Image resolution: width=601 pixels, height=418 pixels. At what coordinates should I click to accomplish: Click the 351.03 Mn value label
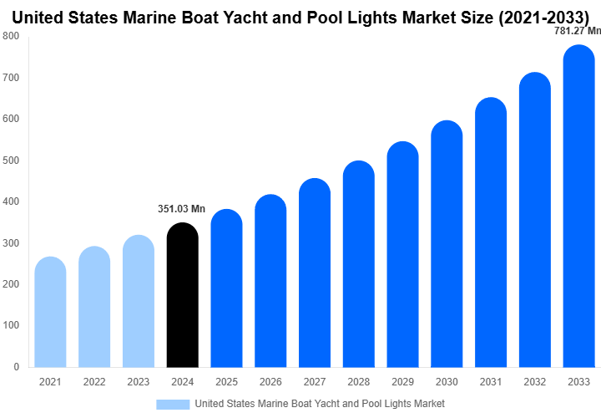tap(181, 209)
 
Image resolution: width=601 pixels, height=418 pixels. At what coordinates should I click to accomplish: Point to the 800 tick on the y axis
tap(11, 36)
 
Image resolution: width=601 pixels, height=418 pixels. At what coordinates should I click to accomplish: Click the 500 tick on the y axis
tap(11, 161)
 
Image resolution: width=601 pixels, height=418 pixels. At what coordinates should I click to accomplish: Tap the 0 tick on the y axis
tap(16, 367)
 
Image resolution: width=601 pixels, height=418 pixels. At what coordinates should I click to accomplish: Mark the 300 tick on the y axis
tap(11, 243)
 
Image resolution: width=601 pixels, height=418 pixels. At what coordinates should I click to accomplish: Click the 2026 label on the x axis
tap(270, 382)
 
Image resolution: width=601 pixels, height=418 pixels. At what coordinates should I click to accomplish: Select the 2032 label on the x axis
tap(534, 382)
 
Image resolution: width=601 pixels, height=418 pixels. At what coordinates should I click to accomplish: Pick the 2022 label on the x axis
tap(94, 382)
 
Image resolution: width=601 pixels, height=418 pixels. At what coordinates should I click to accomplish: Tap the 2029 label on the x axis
tap(402, 382)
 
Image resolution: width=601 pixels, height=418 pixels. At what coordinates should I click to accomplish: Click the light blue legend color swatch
tap(173, 405)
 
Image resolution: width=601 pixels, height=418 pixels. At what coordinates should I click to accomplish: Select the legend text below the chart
tap(320, 405)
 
